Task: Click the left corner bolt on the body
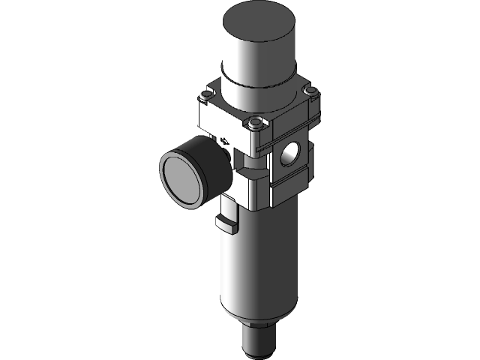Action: pyautogui.click(x=206, y=97)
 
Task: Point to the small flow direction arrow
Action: pyautogui.click(x=225, y=139)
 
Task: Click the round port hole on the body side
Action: pyautogui.click(x=289, y=152)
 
